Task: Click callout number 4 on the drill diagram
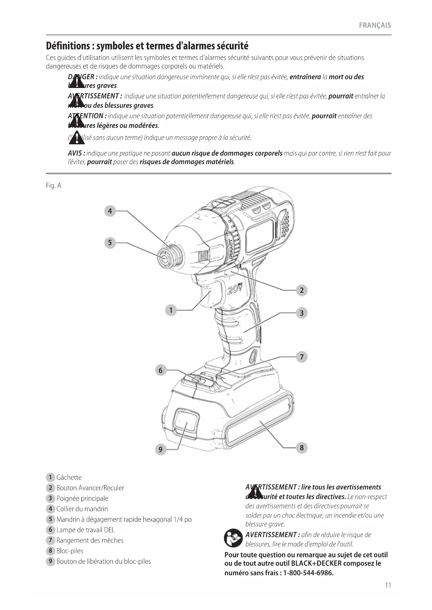click(x=110, y=211)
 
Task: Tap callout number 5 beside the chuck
click(x=110, y=242)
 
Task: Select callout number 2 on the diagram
click(x=301, y=290)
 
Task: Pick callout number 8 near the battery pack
click(x=301, y=448)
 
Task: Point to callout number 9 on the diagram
click(x=160, y=449)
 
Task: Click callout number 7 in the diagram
click(x=301, y=357)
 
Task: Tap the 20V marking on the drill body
click(x=235, y=289)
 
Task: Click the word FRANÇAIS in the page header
click(x=375, y=25)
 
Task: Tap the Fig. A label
click(x=54, y=186)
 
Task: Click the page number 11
click(x=388, y=585)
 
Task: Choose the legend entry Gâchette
click(x=69, y=477)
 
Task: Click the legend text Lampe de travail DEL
click(x=85, y=530)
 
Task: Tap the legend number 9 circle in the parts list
click(x=50, y=561)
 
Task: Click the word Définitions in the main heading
click(x=68, y=46)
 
